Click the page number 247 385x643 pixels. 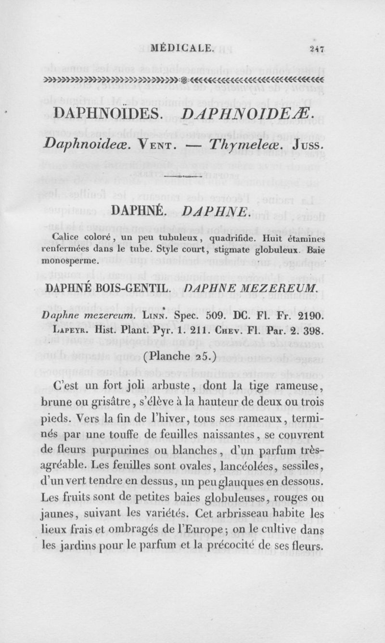tap(318, 48)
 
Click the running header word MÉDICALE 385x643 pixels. tap(181, 48)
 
